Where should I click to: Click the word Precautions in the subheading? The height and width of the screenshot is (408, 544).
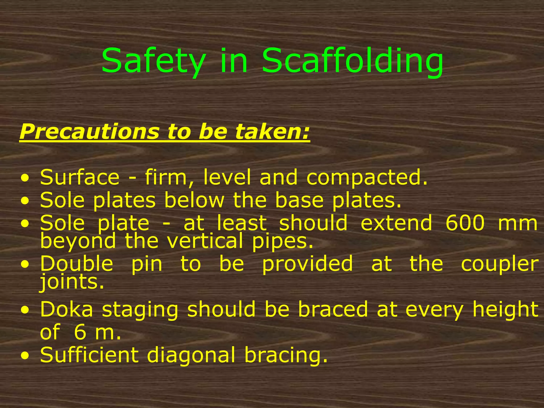point(89,132)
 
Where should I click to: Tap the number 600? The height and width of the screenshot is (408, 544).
point(465,223)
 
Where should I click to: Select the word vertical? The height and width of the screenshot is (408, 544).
point(205,241)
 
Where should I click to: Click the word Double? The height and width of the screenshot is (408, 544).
point(76,263)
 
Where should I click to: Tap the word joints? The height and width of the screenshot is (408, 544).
point(72,282)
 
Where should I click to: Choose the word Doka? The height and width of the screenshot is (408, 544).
point(67,309)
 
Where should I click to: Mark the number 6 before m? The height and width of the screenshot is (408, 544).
point(80,332)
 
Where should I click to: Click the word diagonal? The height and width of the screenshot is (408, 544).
point(191,355)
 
